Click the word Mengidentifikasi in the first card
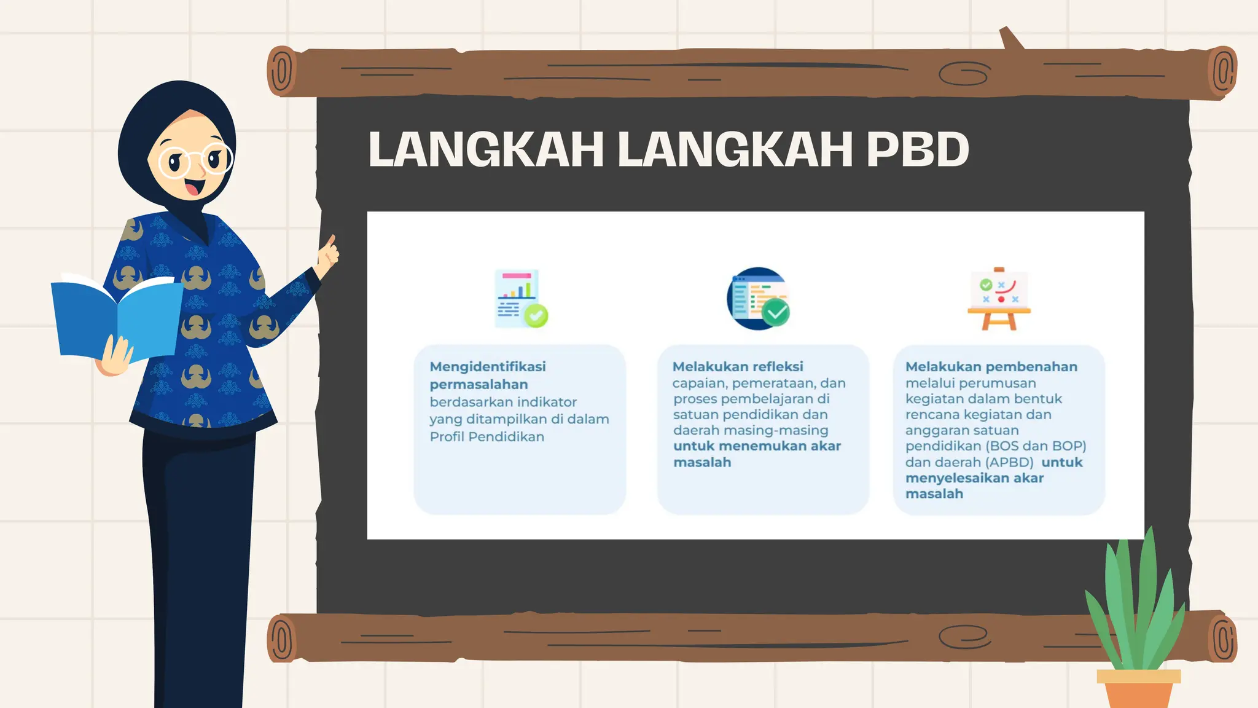(x=488, y=367)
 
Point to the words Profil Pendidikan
(x=486, y=437)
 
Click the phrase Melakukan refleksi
(x=738, y=367)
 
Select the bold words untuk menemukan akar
(x=757, y=446)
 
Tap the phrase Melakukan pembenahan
(x=991, y=367)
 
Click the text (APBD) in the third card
(x=1010, y=462)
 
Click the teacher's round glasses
(x=195, y=160)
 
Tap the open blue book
(x=117, y=320)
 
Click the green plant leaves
(x=1136, y=602)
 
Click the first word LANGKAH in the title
(x=486, y=149)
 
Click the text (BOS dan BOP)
(x=1036, y=446)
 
